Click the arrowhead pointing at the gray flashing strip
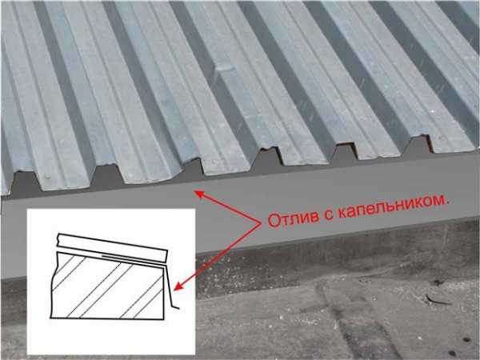(199, 194)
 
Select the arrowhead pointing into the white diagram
(178, 286)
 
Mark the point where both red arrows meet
(261, 223)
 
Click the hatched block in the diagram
(108, 286)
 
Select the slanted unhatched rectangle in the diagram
(112, 248)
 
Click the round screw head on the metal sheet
(47, 176)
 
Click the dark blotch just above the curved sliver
(438, 282)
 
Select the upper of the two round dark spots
(466, 340)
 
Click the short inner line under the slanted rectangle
(131, 258)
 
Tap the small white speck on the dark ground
(432, 111)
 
